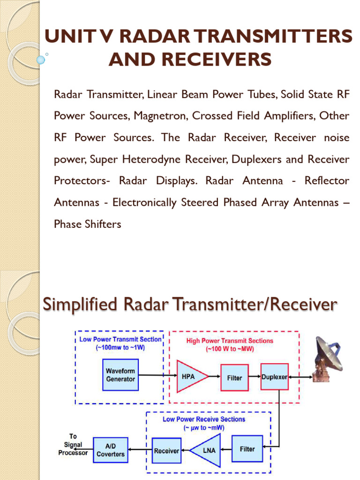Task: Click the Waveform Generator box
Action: (x=120, y=375)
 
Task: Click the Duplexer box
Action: (x=274, y=376)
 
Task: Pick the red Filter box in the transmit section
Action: (x=234, y=377)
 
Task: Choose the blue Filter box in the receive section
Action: (x=247, y=449)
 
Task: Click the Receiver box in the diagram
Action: (x=166, y=450)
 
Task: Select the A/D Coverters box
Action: (x=111, y=450)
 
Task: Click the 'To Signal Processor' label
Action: (x=73, y=445)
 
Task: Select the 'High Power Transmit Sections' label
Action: (x=230, y=341)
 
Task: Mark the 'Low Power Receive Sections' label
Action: (x=204, y=419)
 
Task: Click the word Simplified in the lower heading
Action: (x=80, y=304)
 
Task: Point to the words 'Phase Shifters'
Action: (x=88, y=224)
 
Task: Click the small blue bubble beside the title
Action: (x=41, y=60)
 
